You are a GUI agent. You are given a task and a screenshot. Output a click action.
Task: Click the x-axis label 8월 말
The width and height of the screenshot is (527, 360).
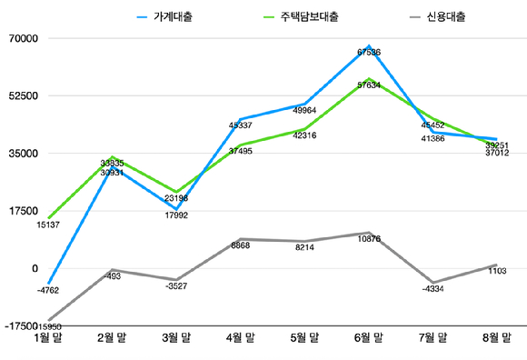point(496,338)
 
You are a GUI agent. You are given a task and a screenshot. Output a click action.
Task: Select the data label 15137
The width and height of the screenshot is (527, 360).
point(48,224)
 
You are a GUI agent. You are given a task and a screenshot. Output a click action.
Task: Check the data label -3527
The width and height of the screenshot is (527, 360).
point(176,286)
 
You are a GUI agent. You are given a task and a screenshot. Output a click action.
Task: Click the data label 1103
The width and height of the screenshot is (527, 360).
point(496,271)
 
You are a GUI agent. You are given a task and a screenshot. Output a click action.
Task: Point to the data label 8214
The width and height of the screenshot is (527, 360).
point(304,246)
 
